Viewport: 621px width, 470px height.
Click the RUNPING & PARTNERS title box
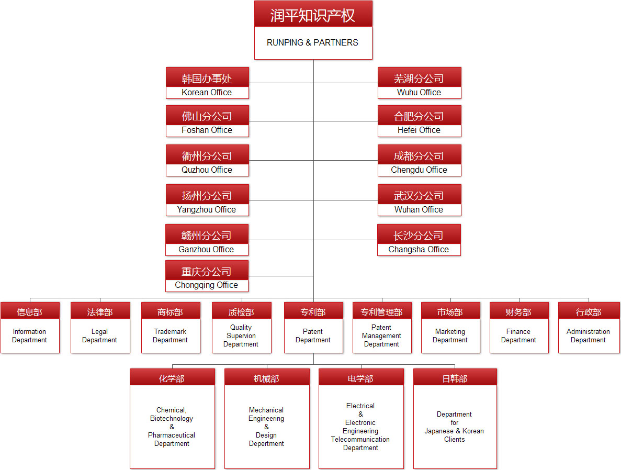(x=313, y=30)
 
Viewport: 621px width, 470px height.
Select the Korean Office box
(x=207, y=83)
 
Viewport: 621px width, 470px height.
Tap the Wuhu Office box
(x=419, y=83)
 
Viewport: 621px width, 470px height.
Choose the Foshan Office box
(x=207, y=121)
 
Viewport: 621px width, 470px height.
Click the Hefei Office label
(x=419, y=130)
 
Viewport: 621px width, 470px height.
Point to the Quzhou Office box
(x=207, y=161)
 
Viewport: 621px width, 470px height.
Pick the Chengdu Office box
(x=419, y=161)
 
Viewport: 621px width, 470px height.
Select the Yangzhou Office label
(x=207, y=209)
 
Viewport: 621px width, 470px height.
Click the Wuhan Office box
(x=419, y=200)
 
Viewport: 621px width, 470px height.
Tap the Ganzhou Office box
(x=207, y=240)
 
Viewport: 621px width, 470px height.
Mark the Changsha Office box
(x=419, y=240)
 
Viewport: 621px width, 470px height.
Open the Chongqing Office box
(x=207, y=276)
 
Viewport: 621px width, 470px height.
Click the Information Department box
(x=30, y=328)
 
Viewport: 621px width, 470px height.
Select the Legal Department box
(x=100, y=328)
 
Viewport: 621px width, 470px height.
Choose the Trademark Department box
(x=171, y=328)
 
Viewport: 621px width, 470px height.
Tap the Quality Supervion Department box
(x=241, y=328)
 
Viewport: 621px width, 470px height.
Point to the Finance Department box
(x=519, y=328)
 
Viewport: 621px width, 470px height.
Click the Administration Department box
(x=589, y=328)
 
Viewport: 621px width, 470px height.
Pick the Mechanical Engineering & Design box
(x=267, y=419)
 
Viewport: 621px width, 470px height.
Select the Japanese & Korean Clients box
(x=455, y=419)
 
